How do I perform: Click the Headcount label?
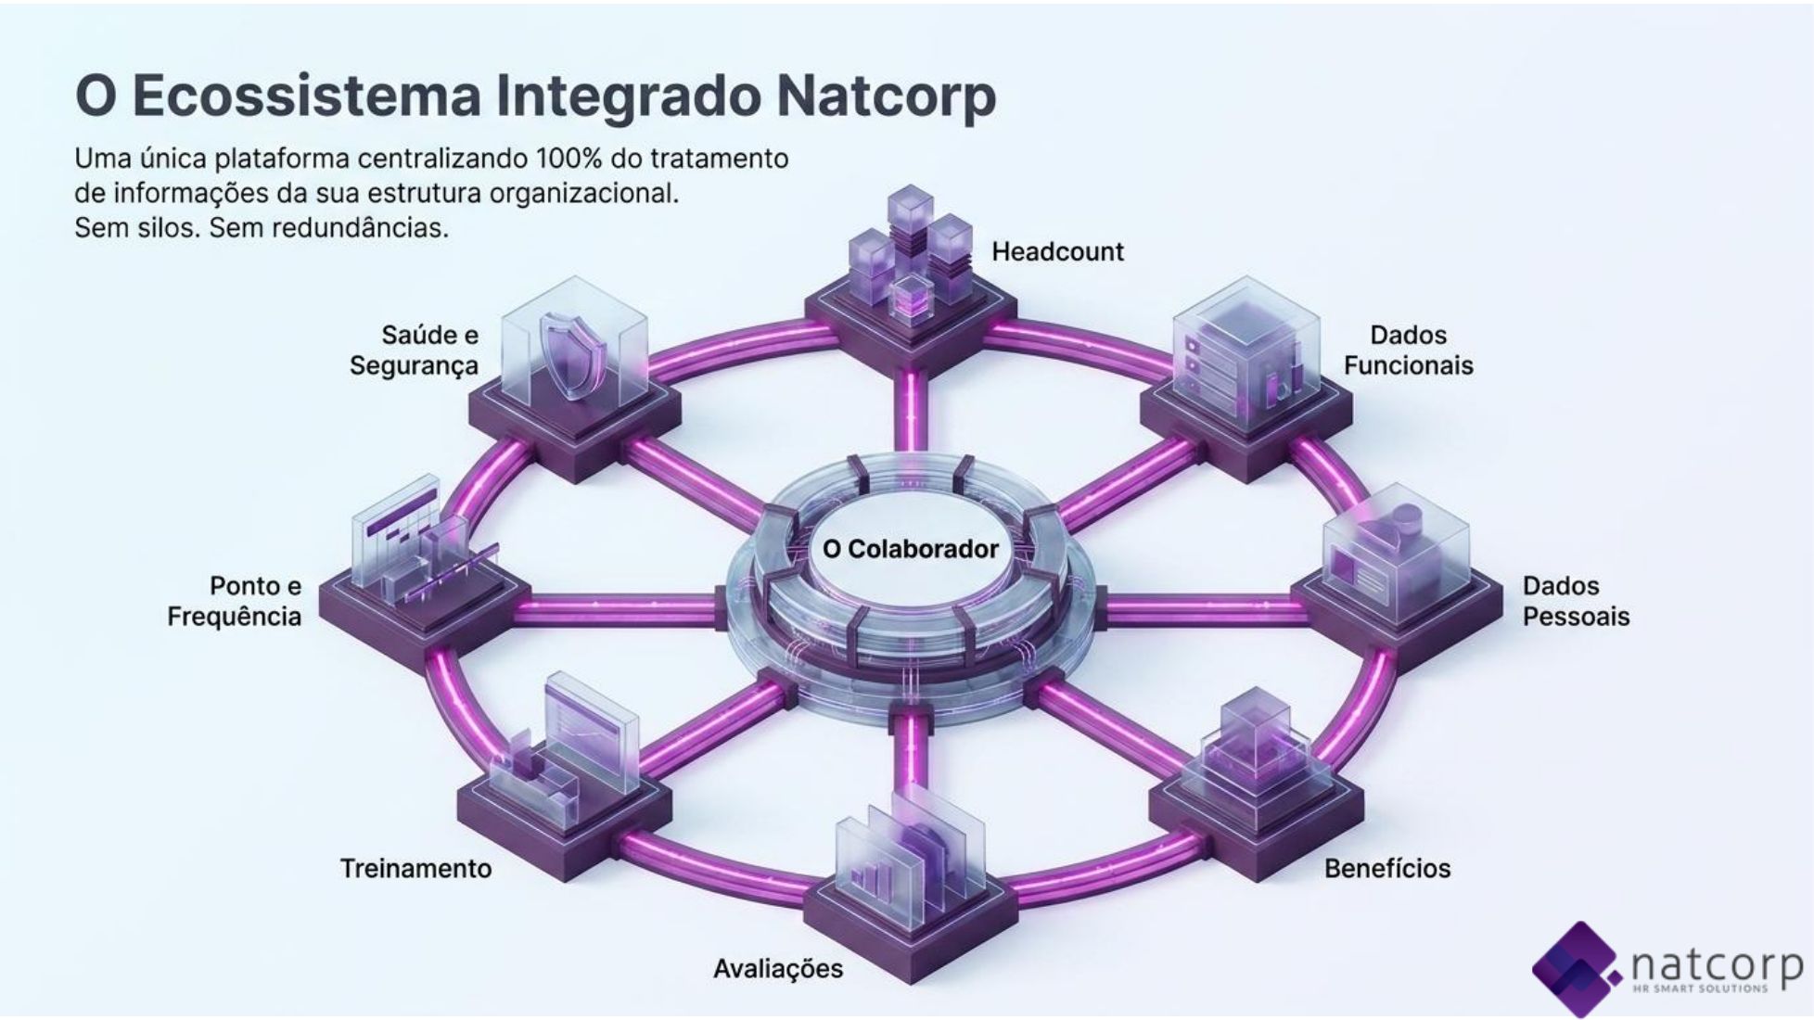[x=1057, y=251]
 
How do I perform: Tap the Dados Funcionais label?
[x=1408, y=350]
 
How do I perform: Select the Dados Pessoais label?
[x=1576, y=601]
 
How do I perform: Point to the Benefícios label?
[x=1387, y=868]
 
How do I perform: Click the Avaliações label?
[x=778, y=969]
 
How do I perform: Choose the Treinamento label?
[x=415, y=868]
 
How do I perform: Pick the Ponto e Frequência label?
[x=235, y=601]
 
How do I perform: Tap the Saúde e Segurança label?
[x=415, y=350]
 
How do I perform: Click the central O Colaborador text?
[x=910, y=549]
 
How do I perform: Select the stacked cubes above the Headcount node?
[x=910, y=252]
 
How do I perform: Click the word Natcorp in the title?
[x=886, y=96]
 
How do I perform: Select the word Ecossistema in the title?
[x=307, y=96]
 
